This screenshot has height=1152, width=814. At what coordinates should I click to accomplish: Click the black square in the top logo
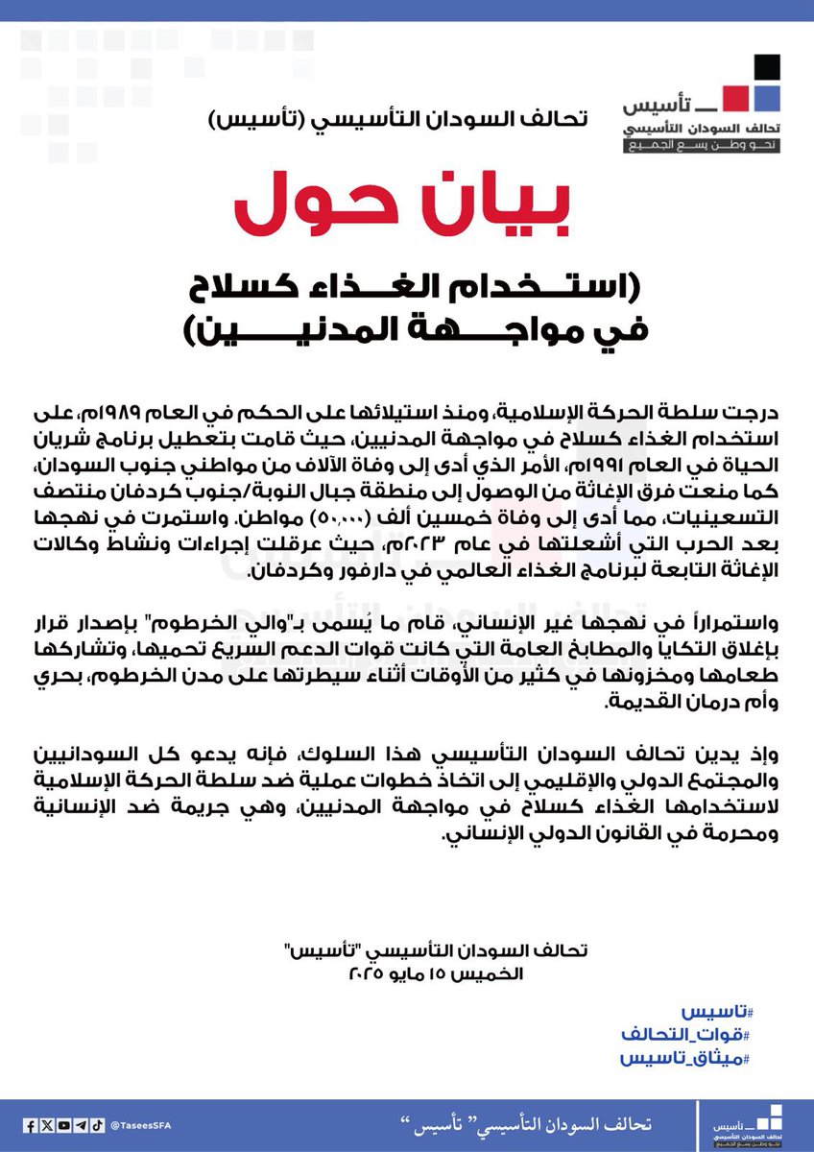(x=765, y=68)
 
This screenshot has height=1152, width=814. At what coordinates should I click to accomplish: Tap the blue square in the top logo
(x=765, y=97)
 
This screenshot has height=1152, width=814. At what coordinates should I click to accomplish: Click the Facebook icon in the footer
(x=32, y=1124)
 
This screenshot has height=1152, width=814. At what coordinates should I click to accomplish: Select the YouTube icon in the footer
(x=62, y=1124)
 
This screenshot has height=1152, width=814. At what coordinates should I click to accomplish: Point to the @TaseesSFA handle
(x=139, y=1124)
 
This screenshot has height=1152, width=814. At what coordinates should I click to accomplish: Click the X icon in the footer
(x=47, y=1124)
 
